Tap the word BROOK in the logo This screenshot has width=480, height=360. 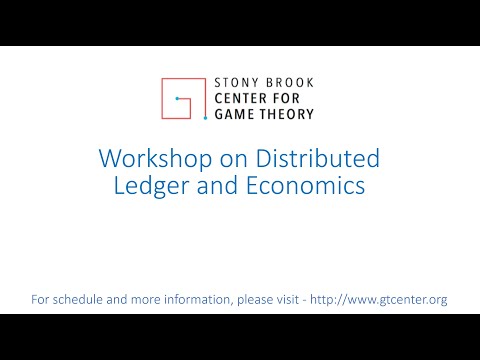[x=289, y=83]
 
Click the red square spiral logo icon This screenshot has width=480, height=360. [x=185, y=98]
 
